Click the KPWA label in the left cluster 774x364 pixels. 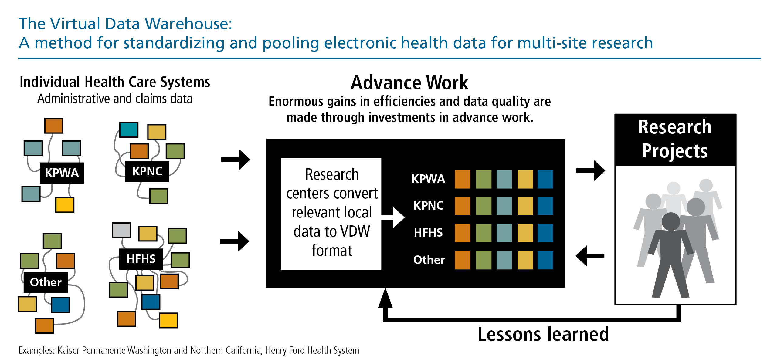click(62, 173)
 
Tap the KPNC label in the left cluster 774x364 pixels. click(147, 171)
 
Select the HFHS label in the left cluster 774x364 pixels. click(141, 259)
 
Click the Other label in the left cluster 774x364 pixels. click(46, 282)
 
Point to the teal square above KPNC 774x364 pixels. click(129, 130)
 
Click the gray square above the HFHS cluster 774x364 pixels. click(121, 230)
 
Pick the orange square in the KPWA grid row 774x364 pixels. click(463, 179)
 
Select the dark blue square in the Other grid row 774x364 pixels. click(545, 260)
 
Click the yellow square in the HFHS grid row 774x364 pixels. click(525, 233)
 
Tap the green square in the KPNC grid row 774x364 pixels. click(484, 206)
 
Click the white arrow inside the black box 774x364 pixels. click(393, 217)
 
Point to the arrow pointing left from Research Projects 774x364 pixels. click(590, 256)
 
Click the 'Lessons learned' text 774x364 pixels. click(543, 334)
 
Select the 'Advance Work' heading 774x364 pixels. click(409, 83)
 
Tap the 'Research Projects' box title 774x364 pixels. click(675, 139)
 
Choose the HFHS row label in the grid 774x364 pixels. click(428, 233)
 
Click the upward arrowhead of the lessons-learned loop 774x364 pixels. click(385, 298)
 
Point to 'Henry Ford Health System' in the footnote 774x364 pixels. click(312, 350)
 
